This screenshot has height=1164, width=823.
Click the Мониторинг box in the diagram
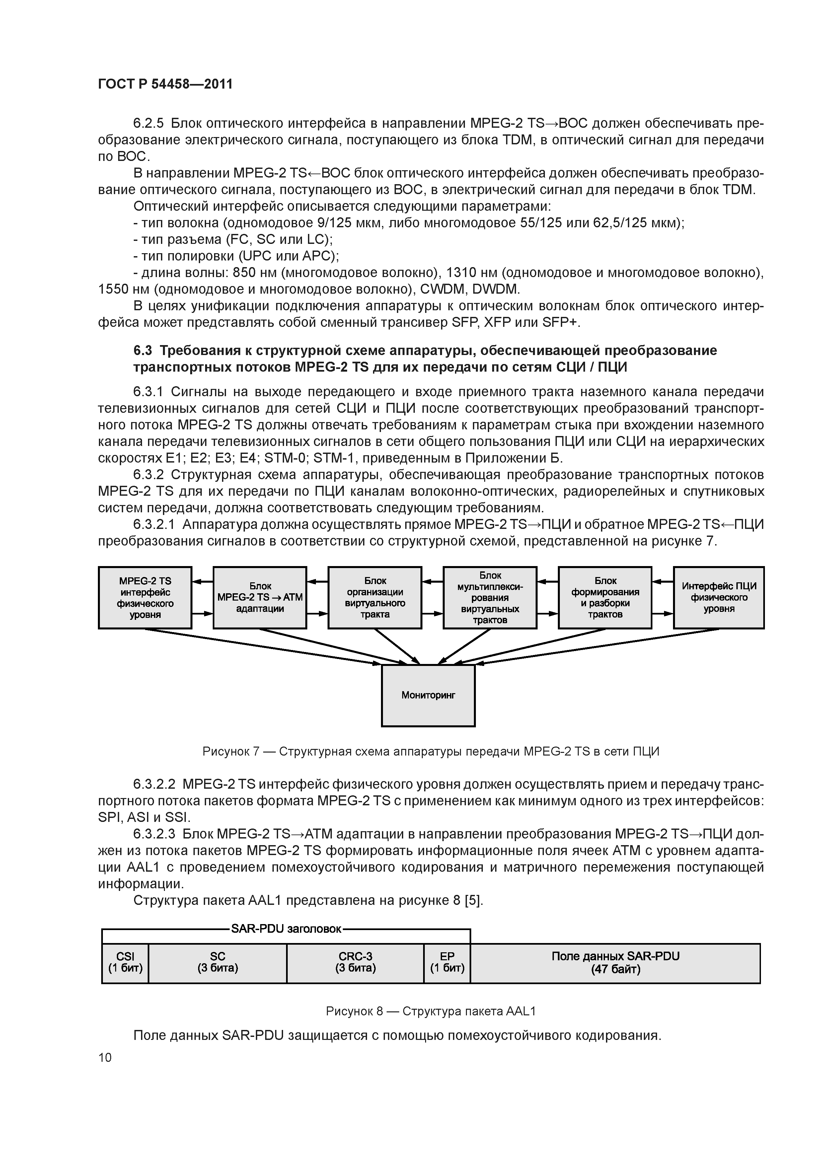428,695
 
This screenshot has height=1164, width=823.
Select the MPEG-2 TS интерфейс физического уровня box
145,598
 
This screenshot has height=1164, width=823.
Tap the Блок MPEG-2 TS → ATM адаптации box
260,598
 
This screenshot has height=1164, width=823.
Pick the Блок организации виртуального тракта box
375,598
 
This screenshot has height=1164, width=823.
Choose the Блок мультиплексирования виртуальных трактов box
490,598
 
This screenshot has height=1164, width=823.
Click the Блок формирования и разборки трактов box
605,598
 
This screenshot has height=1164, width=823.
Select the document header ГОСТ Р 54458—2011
165,84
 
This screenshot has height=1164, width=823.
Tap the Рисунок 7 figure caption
430,751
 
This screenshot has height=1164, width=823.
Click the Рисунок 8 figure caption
430,1011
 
